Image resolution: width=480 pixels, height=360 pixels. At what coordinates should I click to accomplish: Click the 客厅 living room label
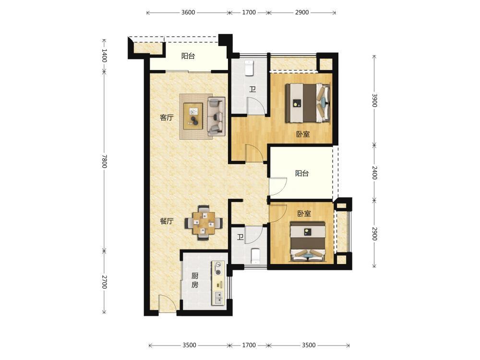(x=167, y=117)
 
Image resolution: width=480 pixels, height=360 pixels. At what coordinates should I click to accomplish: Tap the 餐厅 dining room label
(x=167, y=221)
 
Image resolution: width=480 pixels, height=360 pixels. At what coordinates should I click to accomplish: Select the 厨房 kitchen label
(x=195, y=280)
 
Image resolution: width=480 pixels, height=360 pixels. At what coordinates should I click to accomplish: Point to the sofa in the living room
(x=216, y=116)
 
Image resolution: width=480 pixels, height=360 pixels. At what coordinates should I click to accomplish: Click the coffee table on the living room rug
(x=193, y=116)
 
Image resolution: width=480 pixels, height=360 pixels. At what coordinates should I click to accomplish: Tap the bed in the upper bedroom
(x=308, y=103)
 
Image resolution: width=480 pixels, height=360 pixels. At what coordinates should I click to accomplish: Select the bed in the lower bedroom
(x=308, y=241)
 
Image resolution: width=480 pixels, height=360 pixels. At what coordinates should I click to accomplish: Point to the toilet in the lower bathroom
(x=255, y=256)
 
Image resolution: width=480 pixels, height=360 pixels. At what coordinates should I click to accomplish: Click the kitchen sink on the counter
(x=218, y=298)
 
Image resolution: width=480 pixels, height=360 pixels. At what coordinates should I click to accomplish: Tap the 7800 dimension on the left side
(x=104, y=161)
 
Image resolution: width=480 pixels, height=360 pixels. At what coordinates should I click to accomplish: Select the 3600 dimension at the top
(x=188, y=12)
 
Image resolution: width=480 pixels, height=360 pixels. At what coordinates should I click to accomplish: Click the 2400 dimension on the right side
(x=374, y=173)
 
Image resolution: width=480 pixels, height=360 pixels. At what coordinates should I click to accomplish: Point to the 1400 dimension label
(x=104, y=55)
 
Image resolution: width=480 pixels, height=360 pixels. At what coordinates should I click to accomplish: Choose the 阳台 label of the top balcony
(x=188, y=56)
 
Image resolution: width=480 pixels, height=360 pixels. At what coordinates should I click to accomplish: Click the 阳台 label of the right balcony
(x=302, y=173)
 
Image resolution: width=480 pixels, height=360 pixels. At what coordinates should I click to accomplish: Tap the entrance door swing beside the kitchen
(x=167, y=303)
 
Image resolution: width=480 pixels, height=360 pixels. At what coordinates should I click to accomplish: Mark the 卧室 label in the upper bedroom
(x=303, y=134)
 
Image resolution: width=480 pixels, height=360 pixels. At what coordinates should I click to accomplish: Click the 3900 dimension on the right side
(x=374, y=100)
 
